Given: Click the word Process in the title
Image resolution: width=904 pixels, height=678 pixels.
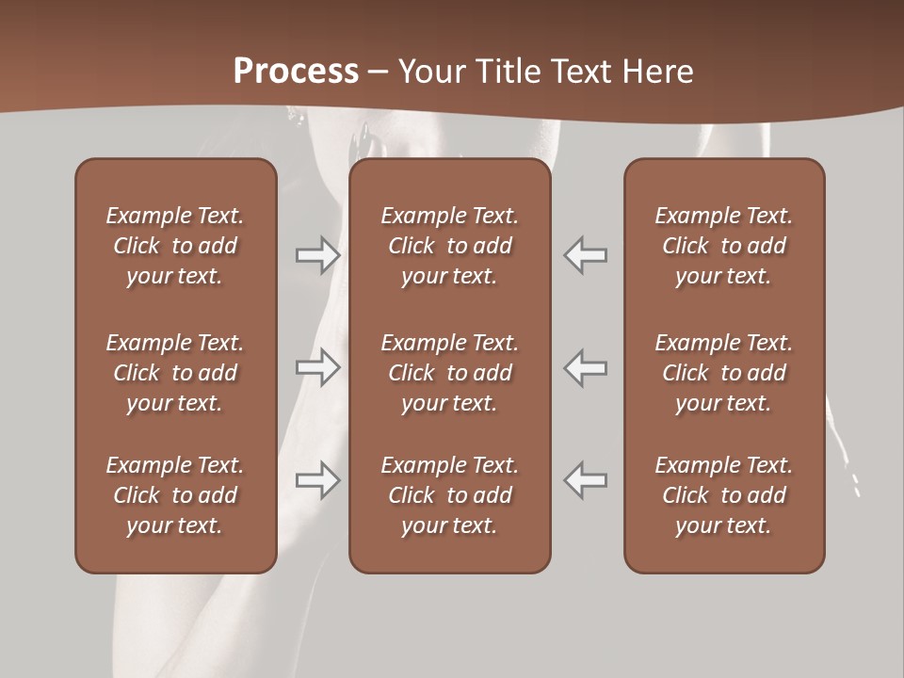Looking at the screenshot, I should point(296,72).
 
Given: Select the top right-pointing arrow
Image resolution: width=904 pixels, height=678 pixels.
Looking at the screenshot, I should point(317,255).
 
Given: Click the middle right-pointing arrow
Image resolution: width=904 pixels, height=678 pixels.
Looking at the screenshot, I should point(317,366).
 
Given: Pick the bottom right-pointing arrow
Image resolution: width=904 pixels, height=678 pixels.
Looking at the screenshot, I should point(317,479).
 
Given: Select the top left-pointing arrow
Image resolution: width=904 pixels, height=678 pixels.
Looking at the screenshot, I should point(586,255).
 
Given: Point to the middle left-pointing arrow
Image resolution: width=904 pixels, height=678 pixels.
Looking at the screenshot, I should point(586,366).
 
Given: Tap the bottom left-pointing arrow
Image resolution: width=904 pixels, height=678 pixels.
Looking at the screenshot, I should point(586,479).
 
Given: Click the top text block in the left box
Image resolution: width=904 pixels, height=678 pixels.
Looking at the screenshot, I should point(175,246).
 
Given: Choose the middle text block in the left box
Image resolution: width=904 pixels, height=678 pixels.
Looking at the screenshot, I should point(175,373).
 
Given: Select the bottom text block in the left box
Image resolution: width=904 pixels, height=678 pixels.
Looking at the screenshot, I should point(175,495).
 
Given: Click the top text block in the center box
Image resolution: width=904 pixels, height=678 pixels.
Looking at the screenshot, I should point(449,246).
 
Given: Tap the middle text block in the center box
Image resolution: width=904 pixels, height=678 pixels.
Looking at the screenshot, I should point(449,373).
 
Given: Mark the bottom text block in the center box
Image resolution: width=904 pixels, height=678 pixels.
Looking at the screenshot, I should point(449,495).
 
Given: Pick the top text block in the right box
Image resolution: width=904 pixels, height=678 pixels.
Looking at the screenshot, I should point(723,246).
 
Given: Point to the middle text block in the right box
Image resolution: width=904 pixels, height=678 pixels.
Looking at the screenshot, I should point(723,373).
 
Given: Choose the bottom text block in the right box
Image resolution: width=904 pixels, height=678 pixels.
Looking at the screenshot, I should point(723,495).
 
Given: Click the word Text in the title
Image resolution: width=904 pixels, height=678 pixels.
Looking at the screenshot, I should point(584,72).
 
